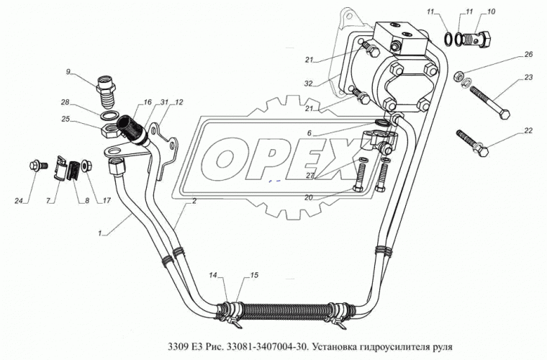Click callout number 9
(68, 72)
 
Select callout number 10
(491, 12)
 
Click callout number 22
(528, 130)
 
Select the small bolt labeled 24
(36, 164)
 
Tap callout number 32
(309, 84)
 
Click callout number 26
(528, 54)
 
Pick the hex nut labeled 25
(109, 130)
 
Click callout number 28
(65, 102)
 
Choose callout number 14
(213, 275)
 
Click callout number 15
(254, 275)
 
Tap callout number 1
(100, 234)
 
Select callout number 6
(309, 133)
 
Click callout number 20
(309, 197)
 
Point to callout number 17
(107, 200)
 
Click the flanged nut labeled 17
(86, 166)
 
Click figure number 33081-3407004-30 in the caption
(268, 347)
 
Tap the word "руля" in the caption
(443, 348)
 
